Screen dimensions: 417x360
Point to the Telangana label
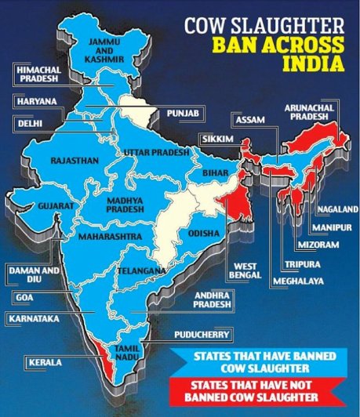point(141,270)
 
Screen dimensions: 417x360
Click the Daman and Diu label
point(29,274)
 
